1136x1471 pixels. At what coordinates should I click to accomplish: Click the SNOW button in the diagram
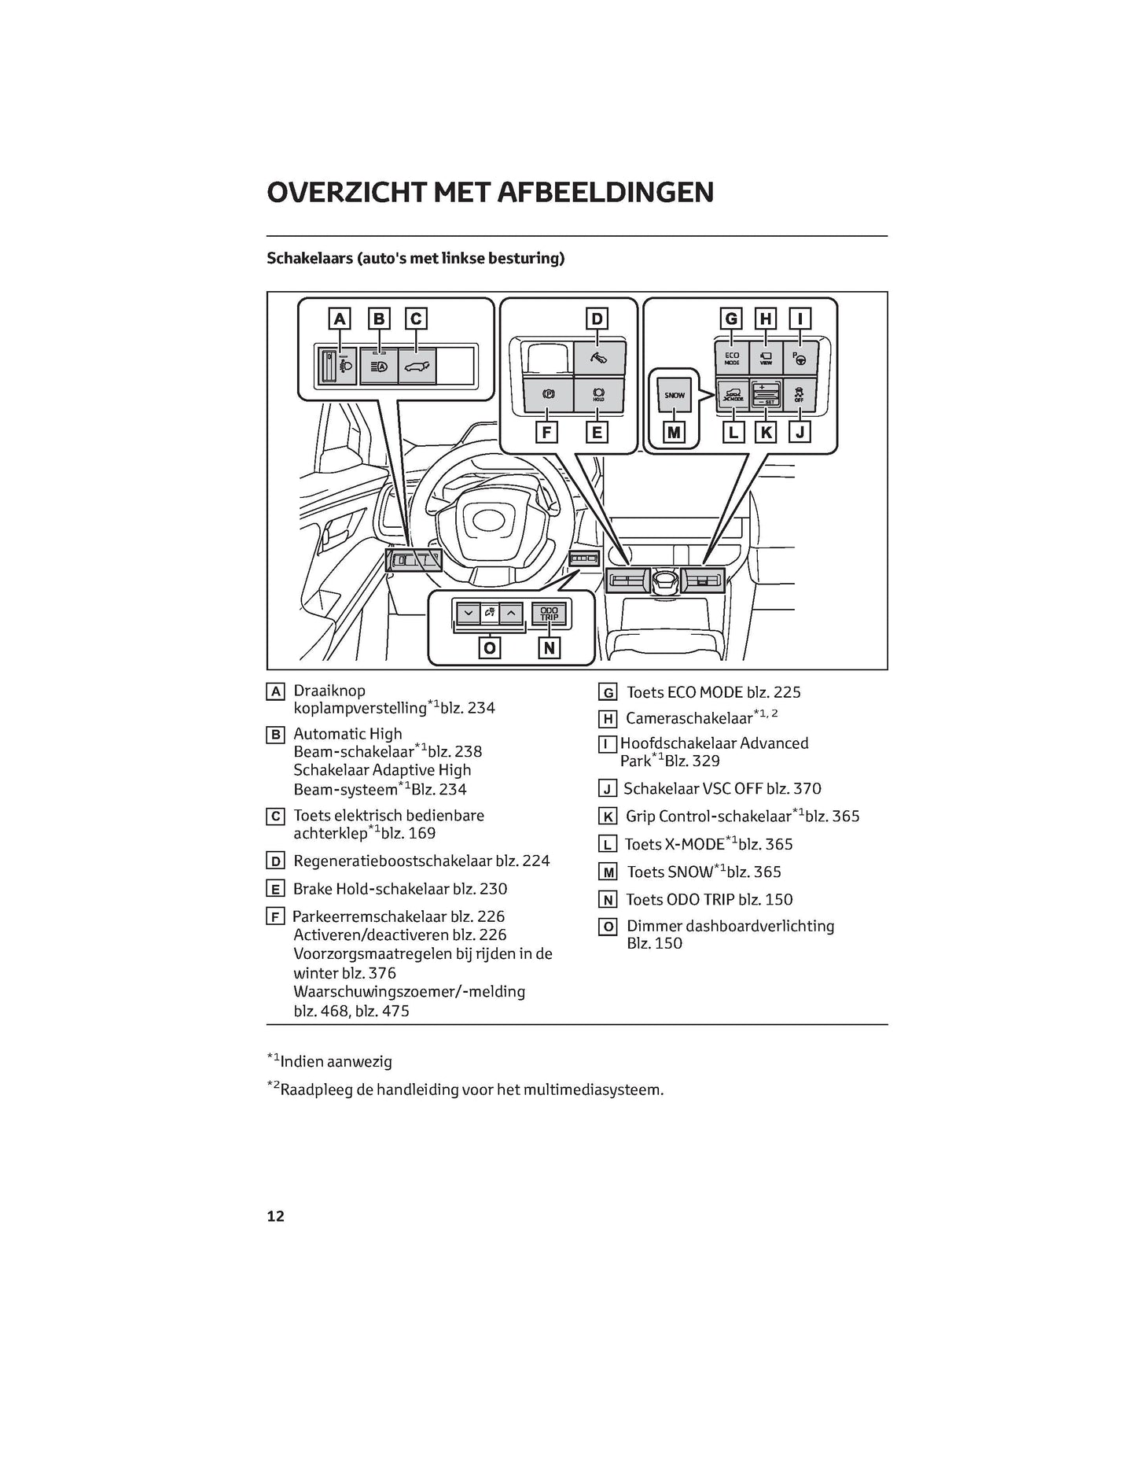click(x=675, y=395)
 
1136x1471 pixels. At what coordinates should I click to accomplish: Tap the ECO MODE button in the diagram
click(x=731, y=359)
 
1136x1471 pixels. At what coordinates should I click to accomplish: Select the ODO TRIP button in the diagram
click(x=549, y=614)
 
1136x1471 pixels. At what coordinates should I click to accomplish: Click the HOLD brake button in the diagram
click(x=598, y=395)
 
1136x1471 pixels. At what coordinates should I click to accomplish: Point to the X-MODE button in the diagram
click(x=732, y=395)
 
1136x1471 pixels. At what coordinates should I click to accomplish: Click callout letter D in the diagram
click(x=597, y=319)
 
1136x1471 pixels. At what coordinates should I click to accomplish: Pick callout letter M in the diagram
click(x=674, y=432)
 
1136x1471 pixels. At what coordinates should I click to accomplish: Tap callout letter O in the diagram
click(x=490, y=647)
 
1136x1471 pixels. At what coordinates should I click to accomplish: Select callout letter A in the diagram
click(x=340, y=319)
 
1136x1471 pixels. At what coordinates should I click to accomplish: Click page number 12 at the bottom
click(x=275, y=1216)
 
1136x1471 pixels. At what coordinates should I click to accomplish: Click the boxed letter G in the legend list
click(x=607, y=693)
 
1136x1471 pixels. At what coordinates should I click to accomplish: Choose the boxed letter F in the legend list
click(x=275, y=917)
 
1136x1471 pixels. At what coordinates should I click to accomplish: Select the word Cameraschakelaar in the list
click(x=689, y=719)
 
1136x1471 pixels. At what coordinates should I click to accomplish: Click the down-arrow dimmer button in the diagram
click(x=469, y=614)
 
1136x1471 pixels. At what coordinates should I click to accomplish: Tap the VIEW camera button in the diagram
click(x=766, y=359)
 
